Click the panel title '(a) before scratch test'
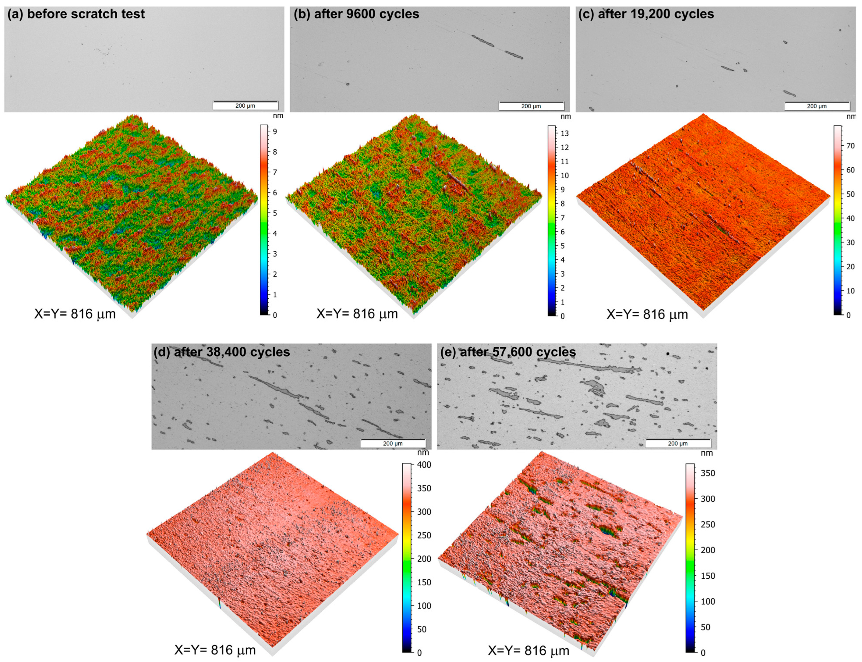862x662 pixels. pos(76,14)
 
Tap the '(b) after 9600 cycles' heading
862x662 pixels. pos(356,14)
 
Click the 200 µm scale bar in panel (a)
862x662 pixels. pos(245,106)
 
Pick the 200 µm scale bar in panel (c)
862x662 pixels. pos(817,106)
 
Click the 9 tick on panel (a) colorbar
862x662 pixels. pos(275,132)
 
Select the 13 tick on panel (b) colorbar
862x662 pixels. pos(565,133)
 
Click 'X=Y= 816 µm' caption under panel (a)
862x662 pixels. pos(75,314)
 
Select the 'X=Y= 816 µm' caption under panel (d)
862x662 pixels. pos(215,650)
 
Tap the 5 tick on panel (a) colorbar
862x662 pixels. pos(275,213)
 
